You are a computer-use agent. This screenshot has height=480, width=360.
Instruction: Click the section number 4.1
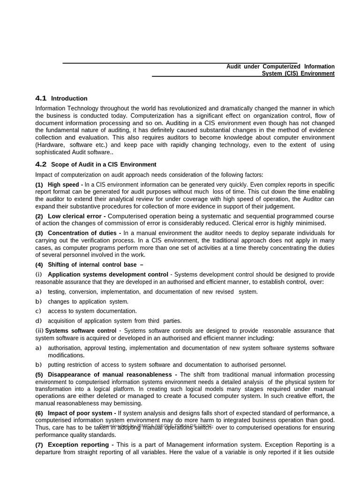pyautogui.click(x=41, y=98)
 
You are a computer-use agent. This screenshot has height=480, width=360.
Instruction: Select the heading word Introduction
pyautogui.click(x=69, y=98)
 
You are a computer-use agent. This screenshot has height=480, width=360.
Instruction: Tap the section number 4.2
pyautogui.click(x=41, y=164)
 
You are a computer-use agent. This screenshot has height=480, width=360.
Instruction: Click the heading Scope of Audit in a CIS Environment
pyautogui.click(x=104, y=165)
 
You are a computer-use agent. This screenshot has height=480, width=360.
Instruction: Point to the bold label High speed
pyautogui.click(x=65, y=185)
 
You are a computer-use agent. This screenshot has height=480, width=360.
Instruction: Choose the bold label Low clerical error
pyautogui.click(x=76, y=216)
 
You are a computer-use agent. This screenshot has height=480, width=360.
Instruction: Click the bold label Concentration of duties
pyautogui.click(x=84, y=233)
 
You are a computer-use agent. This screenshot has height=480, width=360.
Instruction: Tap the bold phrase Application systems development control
pyautogui.click(x=108, y=274)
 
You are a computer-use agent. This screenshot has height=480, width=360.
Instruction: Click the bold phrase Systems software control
pyautogui.click(x=81, y=331)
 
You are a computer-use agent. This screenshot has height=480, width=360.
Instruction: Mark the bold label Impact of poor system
pyautogui.click(x=82, y=413)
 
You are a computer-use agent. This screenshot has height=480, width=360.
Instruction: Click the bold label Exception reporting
pyautogui.click(x=80, y=444)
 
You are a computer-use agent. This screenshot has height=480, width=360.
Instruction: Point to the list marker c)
pyautogui.click(x=38, y=311)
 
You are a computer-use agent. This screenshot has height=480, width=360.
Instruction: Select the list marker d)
pyautogui.click(x=38, y=321)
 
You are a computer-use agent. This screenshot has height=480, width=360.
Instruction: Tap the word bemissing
pyautogui.click(x=127, y=403)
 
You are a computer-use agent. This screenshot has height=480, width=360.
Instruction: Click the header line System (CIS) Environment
pyautogui.click(x=298, y=74)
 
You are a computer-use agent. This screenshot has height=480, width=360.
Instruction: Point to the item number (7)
pyautogui.click(x=39, y=445)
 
